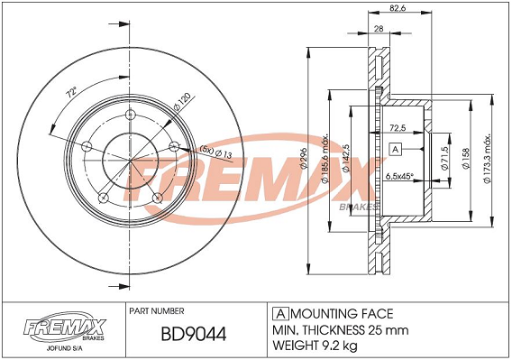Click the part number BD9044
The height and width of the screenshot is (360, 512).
tap(194, 334)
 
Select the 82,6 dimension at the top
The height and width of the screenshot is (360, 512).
tap(398, 8)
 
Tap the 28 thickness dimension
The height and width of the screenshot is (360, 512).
tap(379, 29)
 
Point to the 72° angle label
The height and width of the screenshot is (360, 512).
tap(71, 93)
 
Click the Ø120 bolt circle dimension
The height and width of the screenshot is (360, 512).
tap(182, 102)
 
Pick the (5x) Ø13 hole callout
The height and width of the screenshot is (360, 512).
tap(215, 152)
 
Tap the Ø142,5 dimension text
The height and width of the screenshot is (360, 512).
tap(346, 158)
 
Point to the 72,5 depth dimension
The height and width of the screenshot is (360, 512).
tap(398, 128)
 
